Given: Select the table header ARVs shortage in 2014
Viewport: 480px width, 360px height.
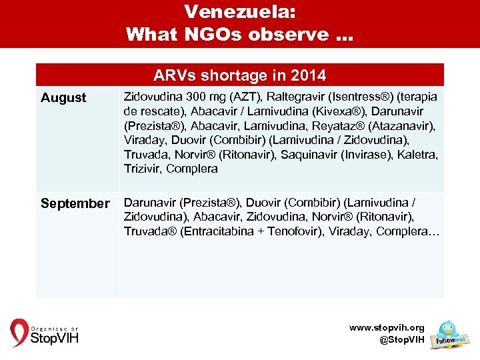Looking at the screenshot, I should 239,74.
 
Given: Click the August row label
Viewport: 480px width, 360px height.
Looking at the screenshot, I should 63,98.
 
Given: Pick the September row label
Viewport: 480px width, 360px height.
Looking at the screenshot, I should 75,203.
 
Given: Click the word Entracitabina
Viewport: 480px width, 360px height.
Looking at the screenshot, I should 216,231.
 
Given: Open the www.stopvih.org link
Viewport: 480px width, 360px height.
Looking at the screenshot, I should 387,328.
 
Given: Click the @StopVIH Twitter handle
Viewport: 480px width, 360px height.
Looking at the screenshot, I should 401,339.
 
